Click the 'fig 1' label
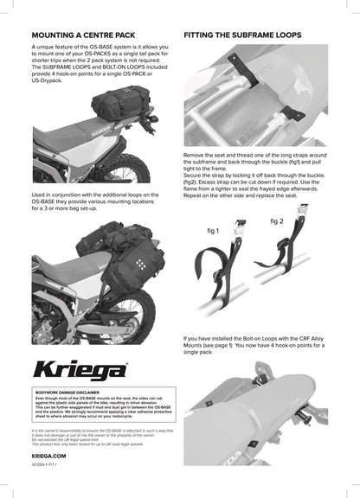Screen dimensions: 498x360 (x=214, y=233)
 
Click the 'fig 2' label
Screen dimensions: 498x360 (x=276, y=221)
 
